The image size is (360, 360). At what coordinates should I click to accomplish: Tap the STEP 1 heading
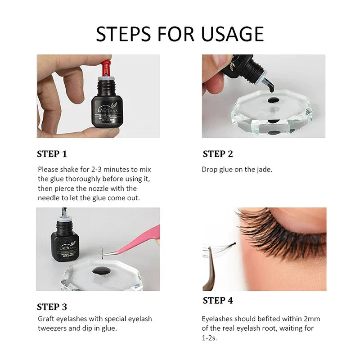pyautogui.click(x=52, y=154)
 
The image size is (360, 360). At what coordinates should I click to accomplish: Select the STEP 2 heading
pyautogui.click(x=218, y=154)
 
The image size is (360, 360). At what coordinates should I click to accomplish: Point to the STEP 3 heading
pyautogui.click(x=52, y=307)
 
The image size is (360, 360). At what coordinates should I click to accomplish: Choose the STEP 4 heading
pyautogui.click(x=218, y=300)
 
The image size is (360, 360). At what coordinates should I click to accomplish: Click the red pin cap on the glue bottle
pyautogui.click(x=106, y=67)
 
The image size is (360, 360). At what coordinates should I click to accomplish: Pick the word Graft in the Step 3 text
pyautogui.click(x=46, y=319)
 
